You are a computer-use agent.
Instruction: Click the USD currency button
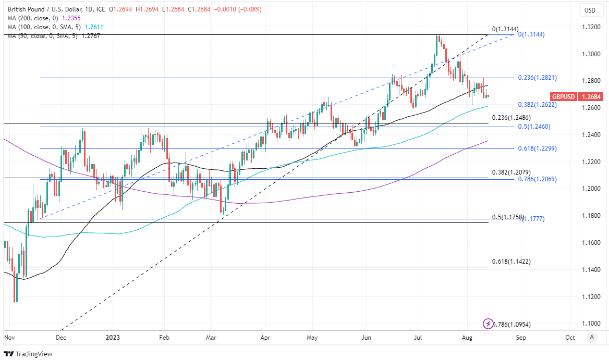click(590, 10)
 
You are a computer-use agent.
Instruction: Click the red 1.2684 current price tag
click(591, 97)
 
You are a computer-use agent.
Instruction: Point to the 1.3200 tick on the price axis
click(590, 27)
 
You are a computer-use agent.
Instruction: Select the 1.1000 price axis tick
click(590, 324)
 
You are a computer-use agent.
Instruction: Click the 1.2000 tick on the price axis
click(590, 189)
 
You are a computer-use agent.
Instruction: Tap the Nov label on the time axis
click(9, 338)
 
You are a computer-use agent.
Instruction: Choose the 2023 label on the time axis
click(113, 338)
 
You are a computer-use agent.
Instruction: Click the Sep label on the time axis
click(521, 338)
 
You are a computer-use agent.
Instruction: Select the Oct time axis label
click(570, 338)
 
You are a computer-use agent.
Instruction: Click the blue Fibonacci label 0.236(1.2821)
click(537, 78)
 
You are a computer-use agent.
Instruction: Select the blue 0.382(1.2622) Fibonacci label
click(537, 105)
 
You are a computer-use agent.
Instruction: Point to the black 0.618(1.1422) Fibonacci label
click(511, 262)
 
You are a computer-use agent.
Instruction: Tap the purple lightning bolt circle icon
click(488, 324)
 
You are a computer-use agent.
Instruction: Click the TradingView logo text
click(34, 354)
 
